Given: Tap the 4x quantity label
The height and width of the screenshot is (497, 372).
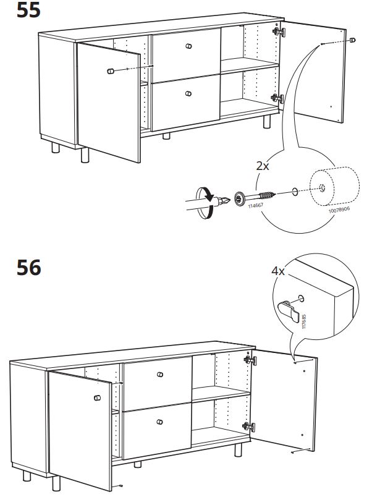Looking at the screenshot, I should click(x=278, y=271).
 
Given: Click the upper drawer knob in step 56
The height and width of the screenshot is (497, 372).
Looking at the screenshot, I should click(x=159, y=375).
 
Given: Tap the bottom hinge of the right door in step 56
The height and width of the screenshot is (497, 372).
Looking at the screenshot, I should click(x=248, y=426).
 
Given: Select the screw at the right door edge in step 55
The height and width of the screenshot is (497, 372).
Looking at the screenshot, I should click(x=352, y=40).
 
